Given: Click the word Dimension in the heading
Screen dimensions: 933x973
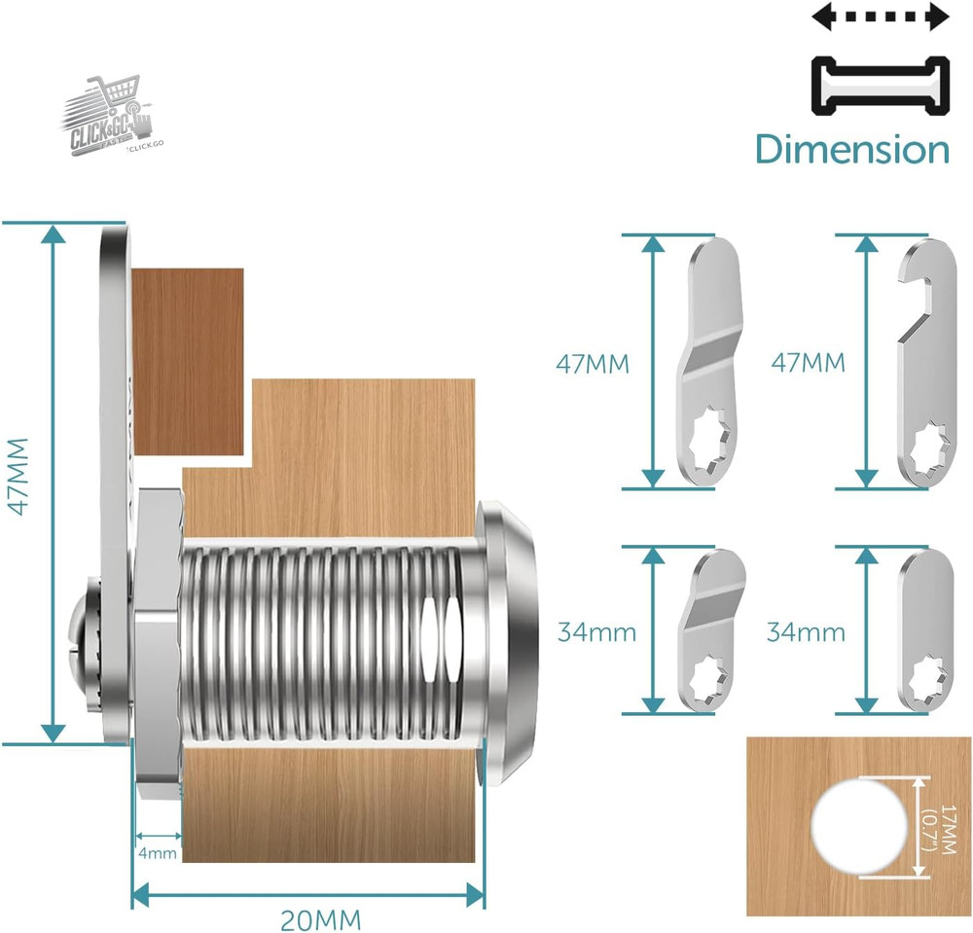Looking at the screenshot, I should point(851,149).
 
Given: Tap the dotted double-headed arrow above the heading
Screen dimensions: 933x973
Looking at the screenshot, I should point(881,17).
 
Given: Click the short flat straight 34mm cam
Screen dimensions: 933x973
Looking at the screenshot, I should point(919,629).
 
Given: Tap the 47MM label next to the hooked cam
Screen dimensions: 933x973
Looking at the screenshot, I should point(808,363).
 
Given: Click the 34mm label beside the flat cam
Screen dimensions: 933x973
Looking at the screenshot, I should point(805,632).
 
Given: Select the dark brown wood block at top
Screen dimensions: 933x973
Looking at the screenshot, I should point(187,360).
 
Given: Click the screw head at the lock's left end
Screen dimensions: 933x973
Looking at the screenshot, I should point(83,637).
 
